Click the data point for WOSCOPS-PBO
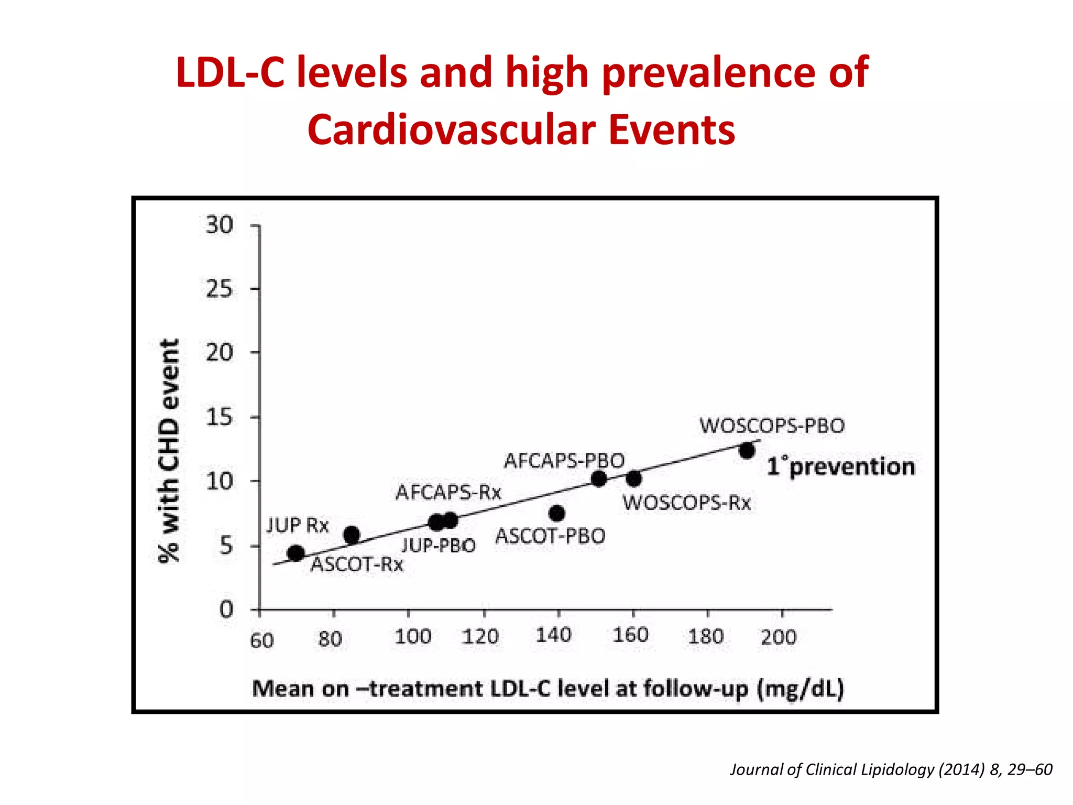coord(747,451)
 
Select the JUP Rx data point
coord(296,553)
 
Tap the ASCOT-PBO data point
coord(557,514)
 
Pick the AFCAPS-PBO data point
coord(599,478)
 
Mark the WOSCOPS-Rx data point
coord(634,478)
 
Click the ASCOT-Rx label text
coord(357,565)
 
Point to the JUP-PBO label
coord(439,546)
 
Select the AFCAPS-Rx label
coord(448,493)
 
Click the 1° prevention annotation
coord(841,466)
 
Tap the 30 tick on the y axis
coord(220,225)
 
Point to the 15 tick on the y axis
coord(220,418)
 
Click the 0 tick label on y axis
coord(226,610)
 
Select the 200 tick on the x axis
coord(779,637)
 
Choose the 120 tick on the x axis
coord(480,637)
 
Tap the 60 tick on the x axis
coord(262,640)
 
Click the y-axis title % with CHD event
coord(169,451)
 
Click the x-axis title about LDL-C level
coord(548,689)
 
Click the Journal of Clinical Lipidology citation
coord(891,769)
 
